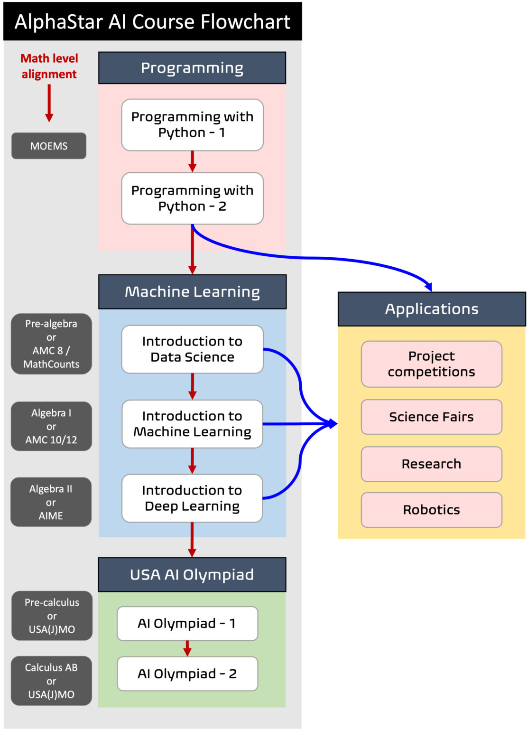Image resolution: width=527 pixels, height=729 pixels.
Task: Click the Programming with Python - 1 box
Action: pos(192,125)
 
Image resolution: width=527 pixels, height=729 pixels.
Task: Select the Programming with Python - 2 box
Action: pos(192,198)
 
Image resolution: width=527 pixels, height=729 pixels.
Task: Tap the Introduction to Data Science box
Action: pos(192,349)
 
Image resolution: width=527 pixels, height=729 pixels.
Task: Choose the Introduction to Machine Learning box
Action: pos(192,424)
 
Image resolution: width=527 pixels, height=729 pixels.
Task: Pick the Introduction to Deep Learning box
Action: pos(192,498)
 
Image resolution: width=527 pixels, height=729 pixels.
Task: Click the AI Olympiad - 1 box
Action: pos(187,624)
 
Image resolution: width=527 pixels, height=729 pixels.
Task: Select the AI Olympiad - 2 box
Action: pos(187,674)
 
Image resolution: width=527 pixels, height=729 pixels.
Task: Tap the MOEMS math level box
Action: pos(49,146)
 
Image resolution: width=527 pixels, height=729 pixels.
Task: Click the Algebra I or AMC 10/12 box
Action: pos(51,426)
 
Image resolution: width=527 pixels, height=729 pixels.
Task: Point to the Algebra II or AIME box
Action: pos(51,502)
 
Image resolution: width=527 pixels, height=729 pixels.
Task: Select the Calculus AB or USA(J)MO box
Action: pos(51,681)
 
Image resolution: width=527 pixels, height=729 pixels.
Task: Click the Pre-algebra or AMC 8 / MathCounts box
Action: pos(51,344)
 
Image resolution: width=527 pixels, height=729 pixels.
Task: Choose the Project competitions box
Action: pos(431,364)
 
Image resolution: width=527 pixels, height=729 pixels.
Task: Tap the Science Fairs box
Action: pos(431,417)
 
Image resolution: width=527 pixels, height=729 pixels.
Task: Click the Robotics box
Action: pos(431,510)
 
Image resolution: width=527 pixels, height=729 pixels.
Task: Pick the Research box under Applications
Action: pos(431,464)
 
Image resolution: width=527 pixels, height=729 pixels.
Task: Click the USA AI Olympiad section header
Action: pos(192,575)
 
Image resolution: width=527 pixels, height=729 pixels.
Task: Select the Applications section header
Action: pos(432,309)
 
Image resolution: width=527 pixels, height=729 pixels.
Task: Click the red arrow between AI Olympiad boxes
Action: pos(187,648)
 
